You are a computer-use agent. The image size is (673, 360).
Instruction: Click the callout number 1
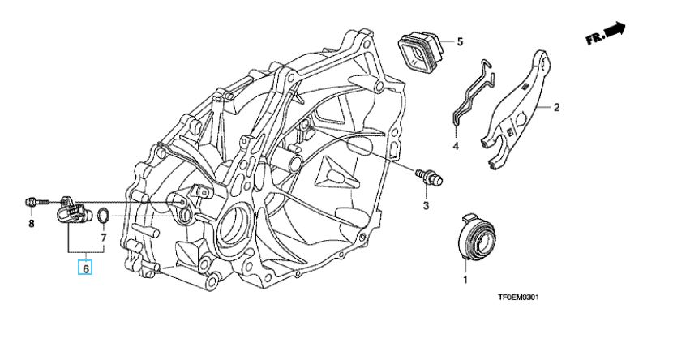pyautogui.click(x=465, y=280)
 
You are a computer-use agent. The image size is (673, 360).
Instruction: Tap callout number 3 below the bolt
pyautogui.click(x=424, y=205)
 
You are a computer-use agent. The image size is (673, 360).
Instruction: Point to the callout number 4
pyautogui.click(x=456, y=146)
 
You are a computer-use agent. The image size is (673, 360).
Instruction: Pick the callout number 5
pyautogui.click(x=459, y=41)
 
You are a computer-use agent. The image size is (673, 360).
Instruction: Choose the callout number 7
pyautogui.click(x=103, y=238)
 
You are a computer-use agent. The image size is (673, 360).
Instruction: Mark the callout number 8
pyautogui.click(x=32, y=224)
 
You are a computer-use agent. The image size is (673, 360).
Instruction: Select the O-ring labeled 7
pyautogui.click(x=104, y=215)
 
